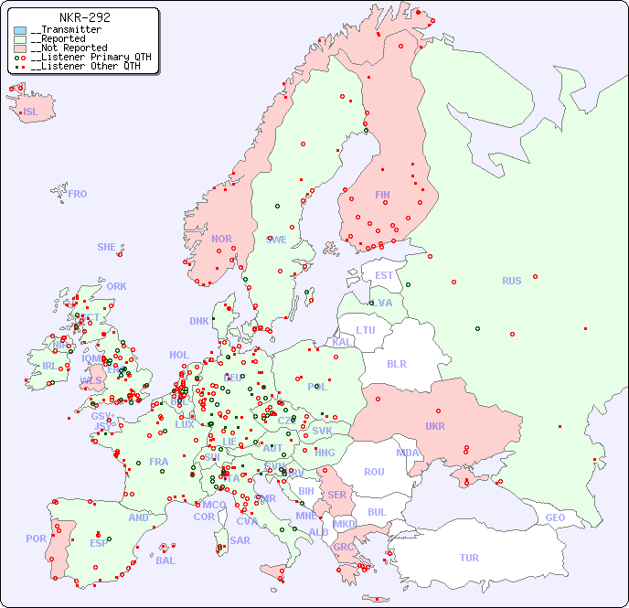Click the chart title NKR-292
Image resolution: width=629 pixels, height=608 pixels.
pos(84,17)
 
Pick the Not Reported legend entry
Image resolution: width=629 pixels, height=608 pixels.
pos(69,48)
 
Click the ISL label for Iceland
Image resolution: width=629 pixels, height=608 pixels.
pos(31,112)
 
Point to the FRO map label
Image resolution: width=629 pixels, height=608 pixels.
pos(78,194)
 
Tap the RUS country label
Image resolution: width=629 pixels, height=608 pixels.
pos(511,281)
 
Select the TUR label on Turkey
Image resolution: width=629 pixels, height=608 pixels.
pos(469,558)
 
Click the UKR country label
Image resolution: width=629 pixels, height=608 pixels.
pos(434,426)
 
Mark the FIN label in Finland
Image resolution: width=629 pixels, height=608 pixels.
pos(382,195)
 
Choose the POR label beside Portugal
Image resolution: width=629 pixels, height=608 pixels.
pos(36,539)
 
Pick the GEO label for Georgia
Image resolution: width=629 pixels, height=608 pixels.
pos(555,517)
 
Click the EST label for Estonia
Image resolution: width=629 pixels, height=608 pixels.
pos(384,275)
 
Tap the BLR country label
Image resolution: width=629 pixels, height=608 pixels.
pos(396,363)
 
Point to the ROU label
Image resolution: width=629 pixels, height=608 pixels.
pos(374,472)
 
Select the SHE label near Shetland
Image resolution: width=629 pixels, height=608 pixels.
pos(107,247)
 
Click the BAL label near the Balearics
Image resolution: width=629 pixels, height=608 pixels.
pos(165,560)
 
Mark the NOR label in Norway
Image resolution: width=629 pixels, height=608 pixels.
pos(221,239)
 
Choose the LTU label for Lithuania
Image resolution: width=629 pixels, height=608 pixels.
pos(366,330)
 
